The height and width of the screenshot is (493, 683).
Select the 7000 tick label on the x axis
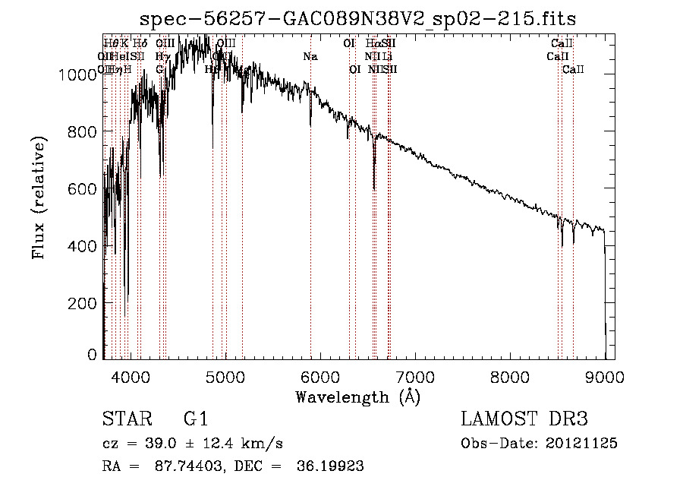pyautogui.click(x=415, y=376)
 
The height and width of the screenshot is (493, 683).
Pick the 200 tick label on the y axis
pyautogui.click(x=83, y=303)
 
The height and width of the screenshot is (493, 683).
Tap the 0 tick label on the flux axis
pyautogui.click(x=92, y=355)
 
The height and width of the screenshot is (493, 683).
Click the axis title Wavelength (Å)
pyautogui.click(x=357, y=397)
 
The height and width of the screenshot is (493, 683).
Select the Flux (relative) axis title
pyautogui.click(x=39, y=198)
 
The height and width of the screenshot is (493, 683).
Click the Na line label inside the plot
pyautogui.click(x=310, y=57)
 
